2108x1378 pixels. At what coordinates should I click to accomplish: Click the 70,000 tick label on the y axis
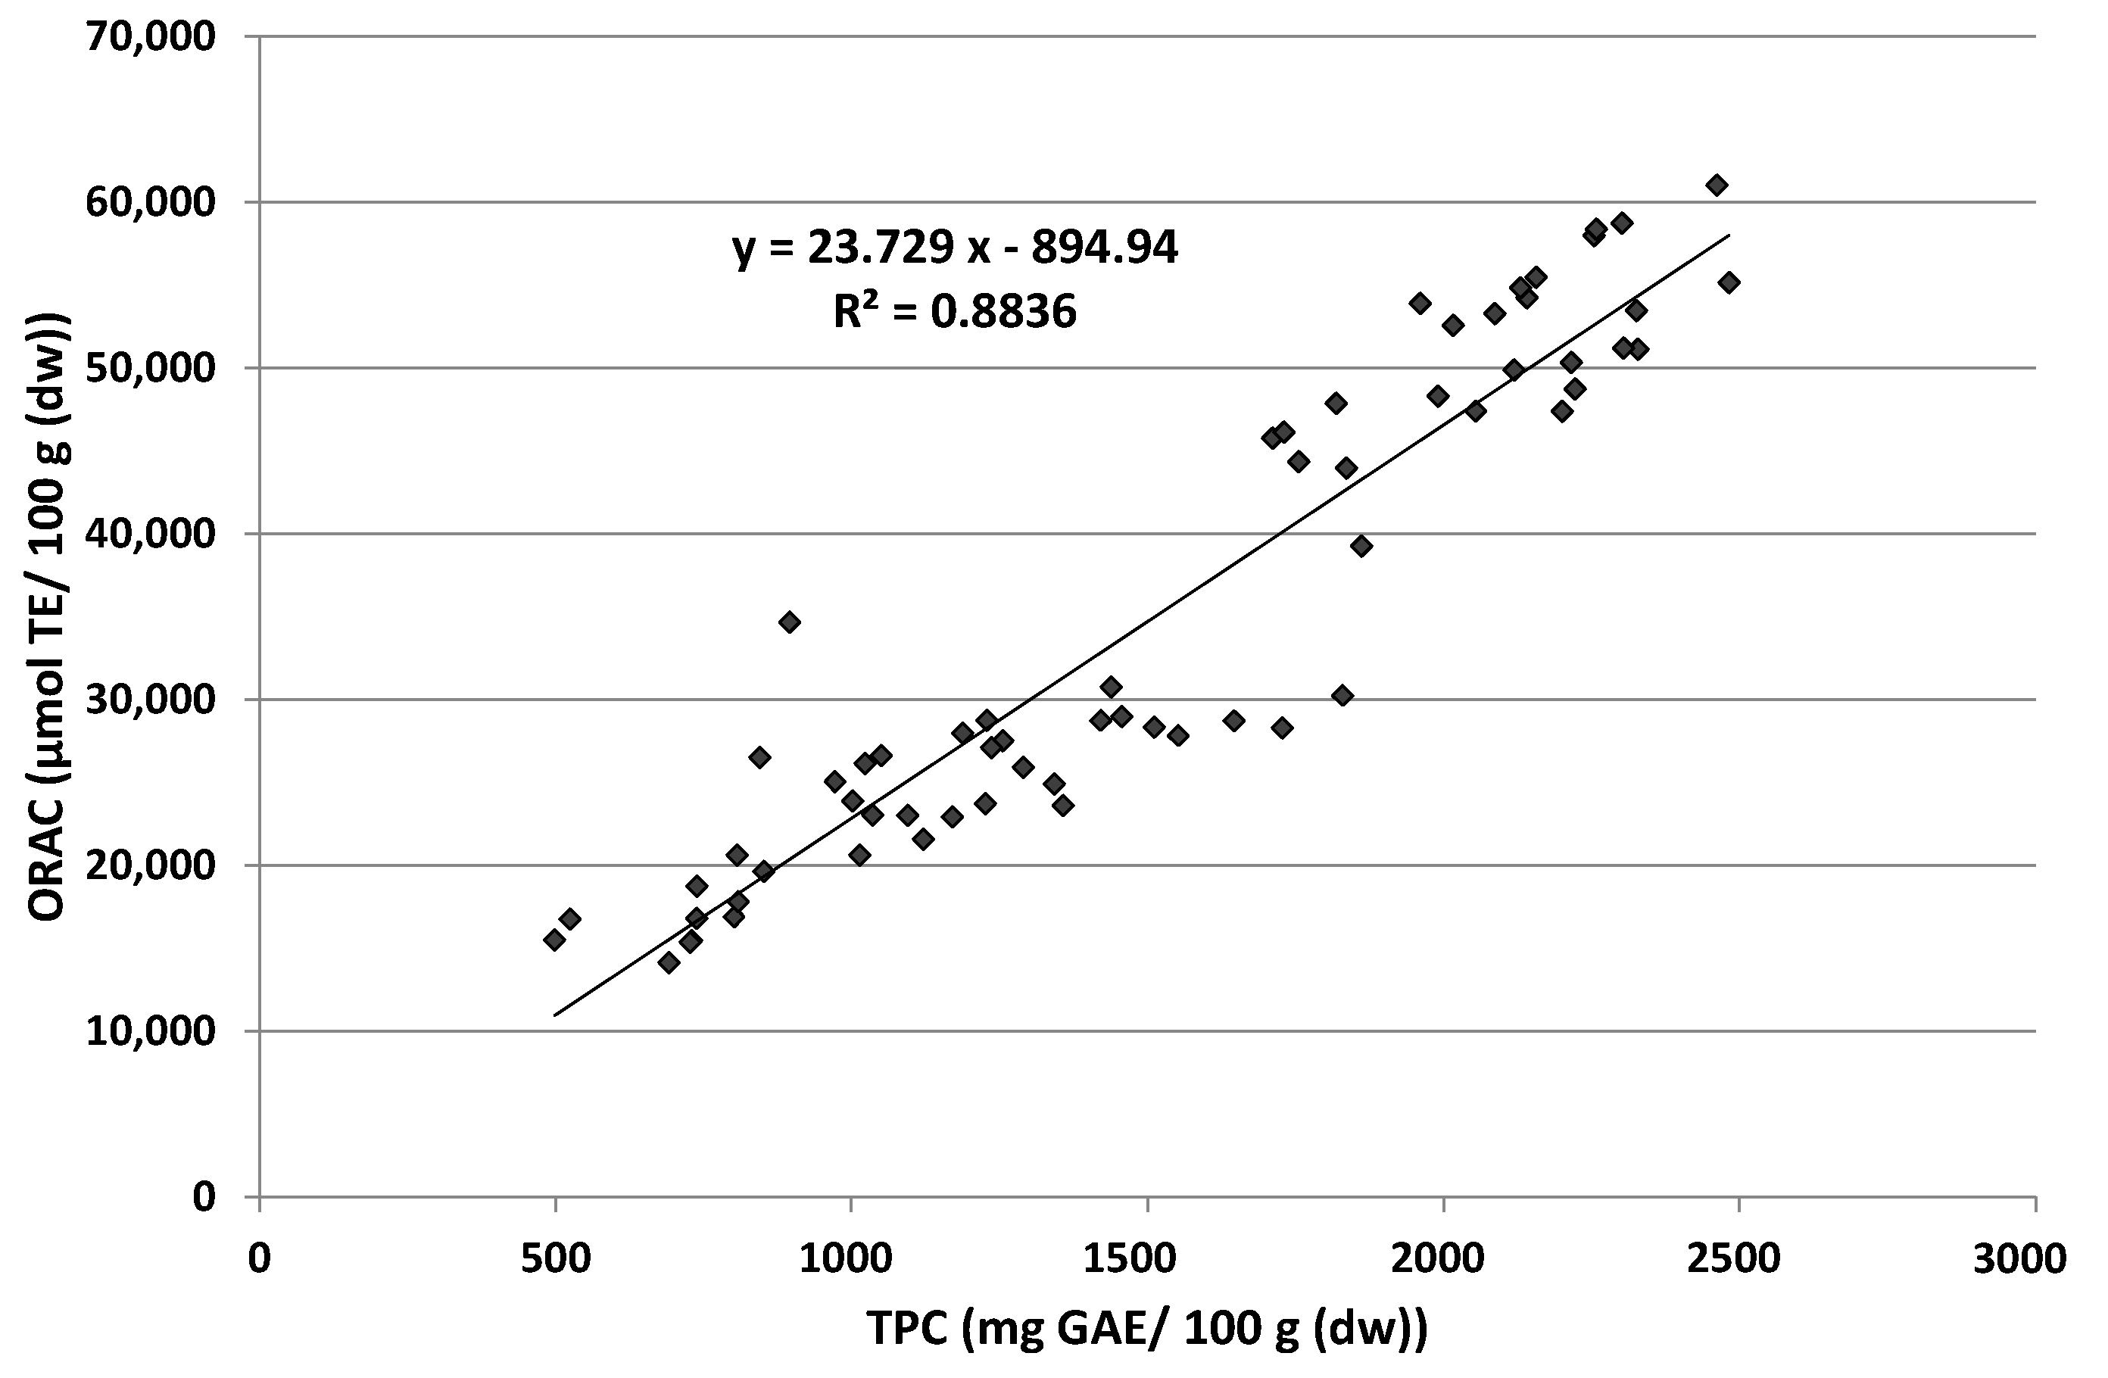151,37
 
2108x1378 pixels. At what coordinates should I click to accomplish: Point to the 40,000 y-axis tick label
151,534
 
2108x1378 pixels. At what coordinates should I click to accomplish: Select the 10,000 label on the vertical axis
151,1032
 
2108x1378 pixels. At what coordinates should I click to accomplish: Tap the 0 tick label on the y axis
204,1197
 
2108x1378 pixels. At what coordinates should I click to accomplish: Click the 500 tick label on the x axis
555,1258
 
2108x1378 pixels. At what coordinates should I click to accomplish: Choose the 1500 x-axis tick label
1147,1258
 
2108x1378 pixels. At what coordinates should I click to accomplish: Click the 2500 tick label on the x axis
1738,1258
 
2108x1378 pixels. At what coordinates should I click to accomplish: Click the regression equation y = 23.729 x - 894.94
955,248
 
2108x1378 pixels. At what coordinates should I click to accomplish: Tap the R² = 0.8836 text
955,312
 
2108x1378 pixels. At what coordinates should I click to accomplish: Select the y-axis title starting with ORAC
48,616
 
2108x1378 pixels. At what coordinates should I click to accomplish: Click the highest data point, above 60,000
1717,185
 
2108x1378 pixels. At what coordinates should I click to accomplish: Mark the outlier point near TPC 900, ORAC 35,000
789,622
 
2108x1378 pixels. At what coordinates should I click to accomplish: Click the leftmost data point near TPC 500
554,940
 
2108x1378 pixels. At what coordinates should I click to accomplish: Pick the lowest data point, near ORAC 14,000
669,962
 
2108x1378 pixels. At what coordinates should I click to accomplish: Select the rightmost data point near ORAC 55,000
1729,282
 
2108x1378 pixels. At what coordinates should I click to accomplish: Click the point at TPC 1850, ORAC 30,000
1342,695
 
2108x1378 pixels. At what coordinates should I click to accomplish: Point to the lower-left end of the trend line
555,1015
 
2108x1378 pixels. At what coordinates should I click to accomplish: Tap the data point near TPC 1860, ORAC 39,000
1361,546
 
